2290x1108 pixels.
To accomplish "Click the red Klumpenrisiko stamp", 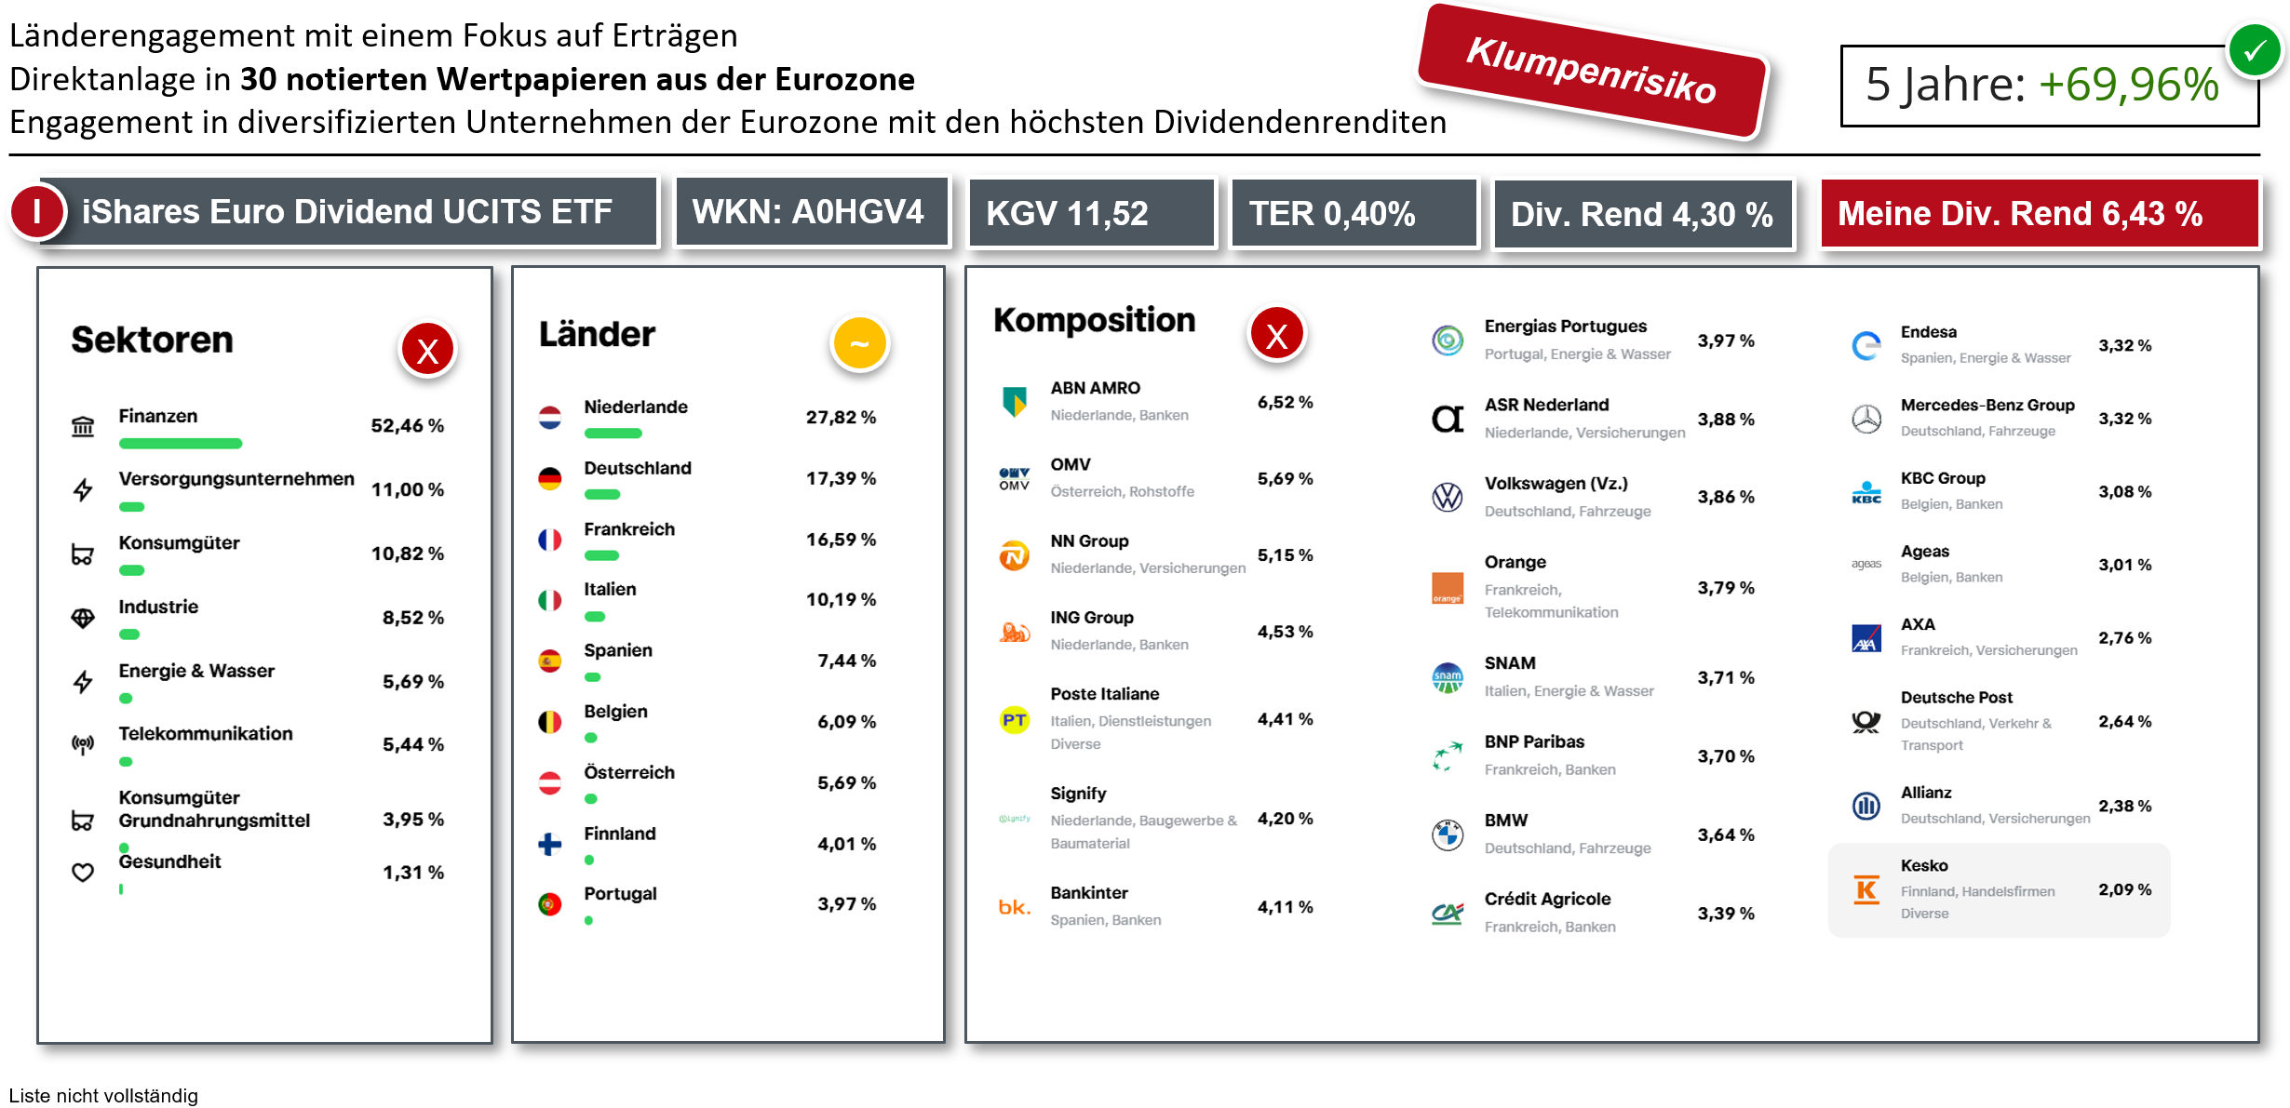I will [x=1592, y=72].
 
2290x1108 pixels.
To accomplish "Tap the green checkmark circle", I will [x=2254, y=50].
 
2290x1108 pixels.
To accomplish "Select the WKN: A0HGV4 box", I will [x=809, y=212].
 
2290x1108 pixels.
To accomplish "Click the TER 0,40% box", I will [x=1353, y=213].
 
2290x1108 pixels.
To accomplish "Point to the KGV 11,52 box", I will [x=1091, y=213].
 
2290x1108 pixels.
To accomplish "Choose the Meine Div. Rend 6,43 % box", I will [x=2039, y=213].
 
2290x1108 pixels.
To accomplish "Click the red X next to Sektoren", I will [x=427, y=351].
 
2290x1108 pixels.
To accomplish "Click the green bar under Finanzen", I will [x=181, y=443].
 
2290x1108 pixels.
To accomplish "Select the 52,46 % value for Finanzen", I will [x=407, y=425].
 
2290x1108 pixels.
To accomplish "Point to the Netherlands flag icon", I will [x=550, y=418].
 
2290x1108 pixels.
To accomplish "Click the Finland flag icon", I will [x=550, y=844].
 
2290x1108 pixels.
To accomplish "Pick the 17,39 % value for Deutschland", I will [x=841, y=478].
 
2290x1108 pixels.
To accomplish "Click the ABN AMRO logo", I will [x=1014, y=402].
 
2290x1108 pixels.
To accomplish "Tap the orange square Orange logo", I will [x=1448, y=588].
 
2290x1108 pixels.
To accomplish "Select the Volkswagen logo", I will [x=1448, y=498].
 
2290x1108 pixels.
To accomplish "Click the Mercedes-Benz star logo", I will [x=1866, y=420].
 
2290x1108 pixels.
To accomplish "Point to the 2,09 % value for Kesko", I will [x=2124, y=889].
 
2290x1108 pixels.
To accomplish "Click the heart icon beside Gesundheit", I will [x=83, y=873].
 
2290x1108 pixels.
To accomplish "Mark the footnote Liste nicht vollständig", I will [x=103, y=1095].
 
